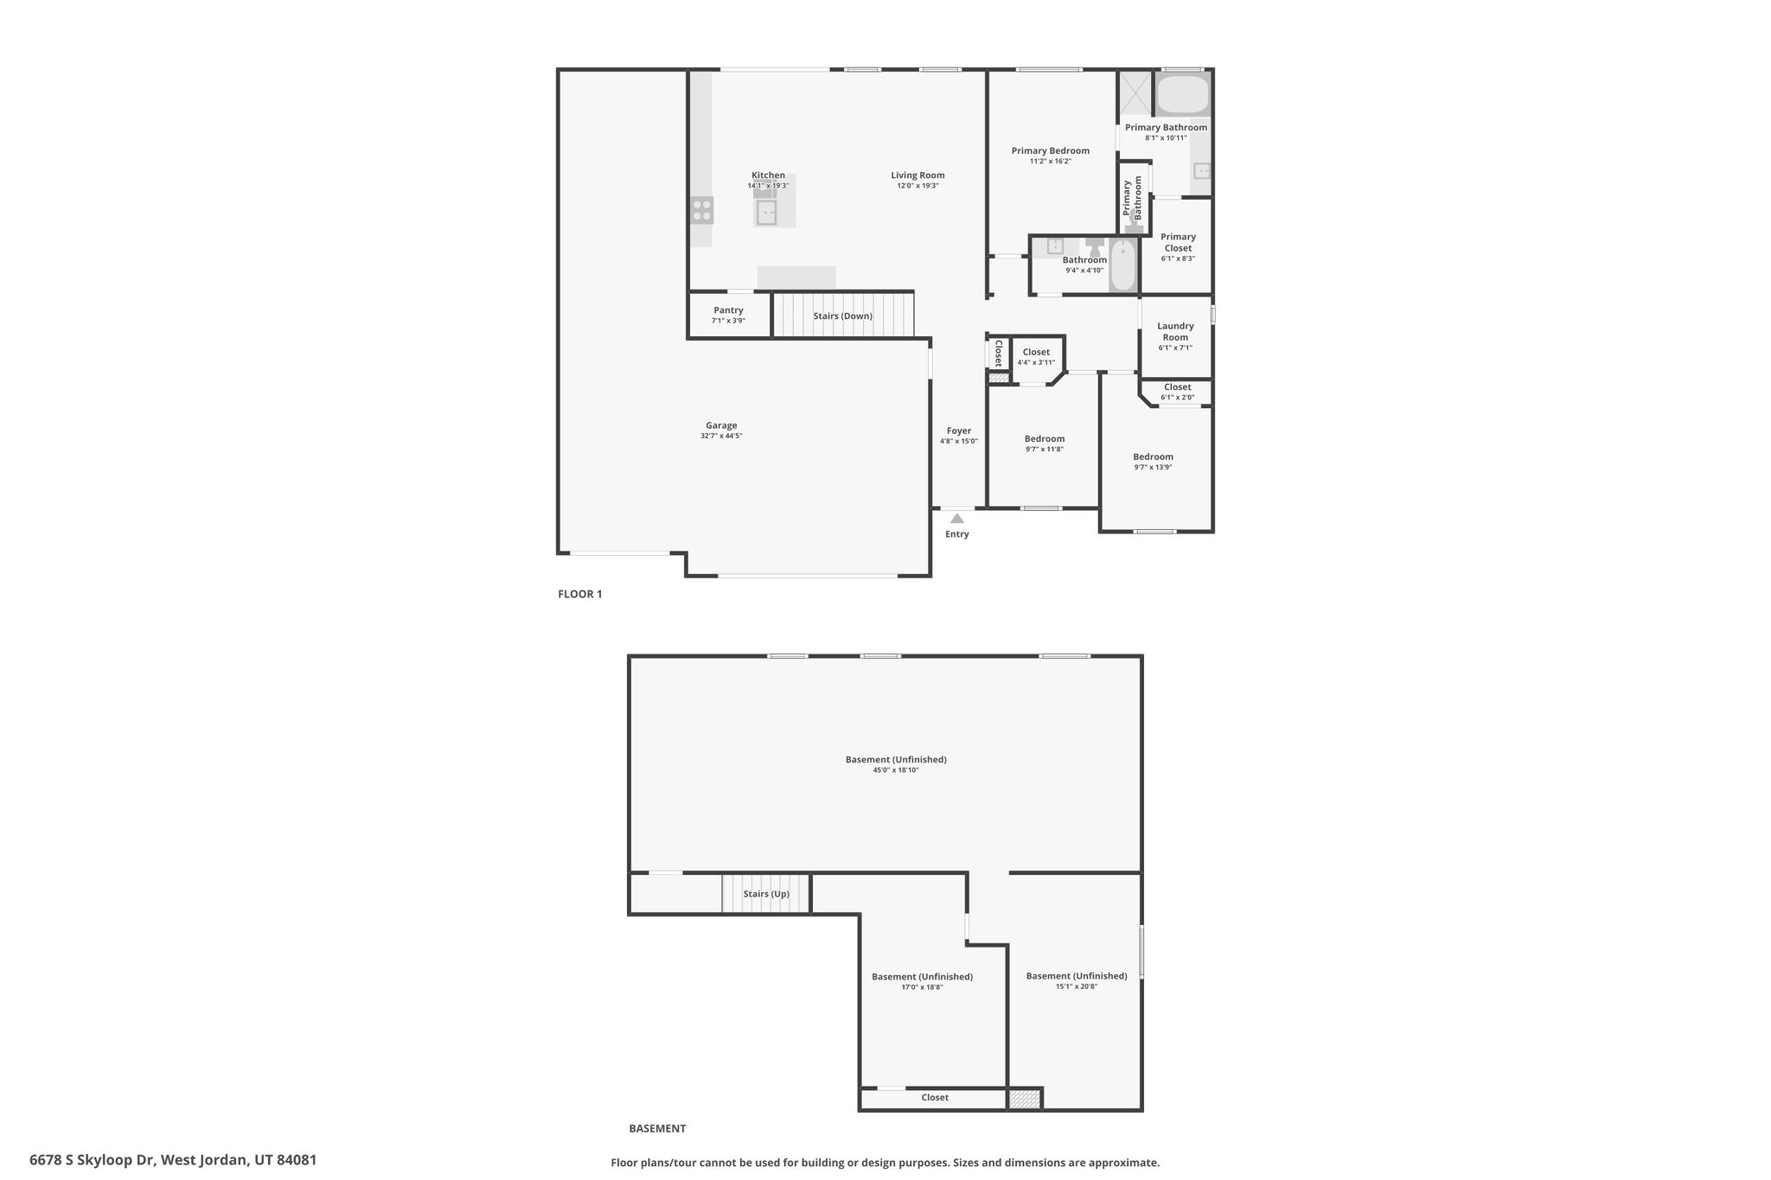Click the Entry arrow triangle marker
(956, 519)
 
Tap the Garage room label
(721, 425)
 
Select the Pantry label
(729, 310)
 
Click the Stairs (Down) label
(843, 316)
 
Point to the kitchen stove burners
(701, 210)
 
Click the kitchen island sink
(766, 212)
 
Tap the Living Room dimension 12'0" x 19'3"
(917, 186)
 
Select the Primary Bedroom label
(1051, 150)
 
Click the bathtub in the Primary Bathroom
(1182, 94)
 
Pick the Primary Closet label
(1178, 242)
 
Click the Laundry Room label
(1175, 331)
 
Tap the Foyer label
(959, 431)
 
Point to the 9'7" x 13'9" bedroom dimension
(1154, 468)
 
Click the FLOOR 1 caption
(579, 594)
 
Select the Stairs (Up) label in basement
(766, 894)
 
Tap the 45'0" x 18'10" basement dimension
(896, 770)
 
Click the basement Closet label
(935, 1098)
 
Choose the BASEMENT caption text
(657, 1128)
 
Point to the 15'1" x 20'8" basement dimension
(1077, 986)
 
